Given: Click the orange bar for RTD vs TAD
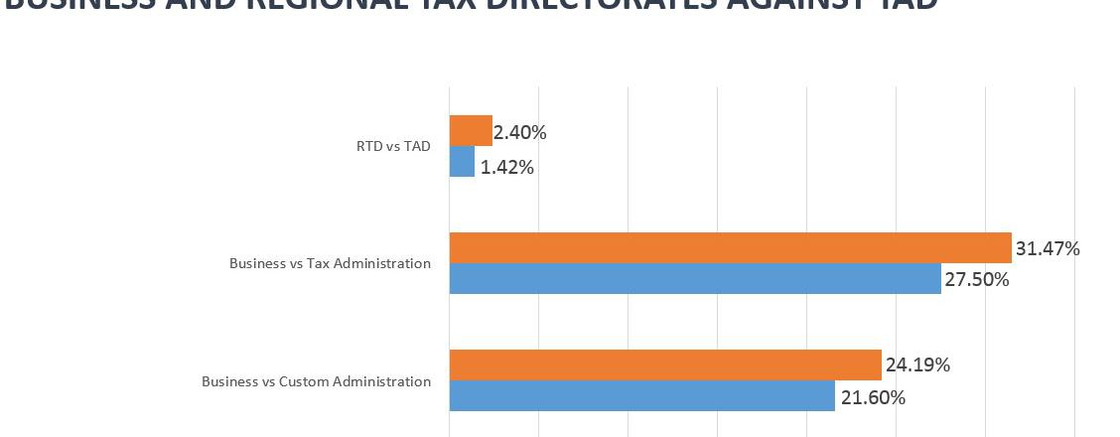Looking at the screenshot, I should point(471,131).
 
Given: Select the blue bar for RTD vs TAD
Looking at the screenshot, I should point(462,162).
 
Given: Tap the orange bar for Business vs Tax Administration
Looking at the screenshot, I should point(730,248).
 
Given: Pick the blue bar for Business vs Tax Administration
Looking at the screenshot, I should point(695,279).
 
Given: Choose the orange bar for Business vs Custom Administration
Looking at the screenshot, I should point(665,365).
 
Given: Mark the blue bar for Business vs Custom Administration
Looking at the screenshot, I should point(641,396).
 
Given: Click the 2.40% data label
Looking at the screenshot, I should point(520,132).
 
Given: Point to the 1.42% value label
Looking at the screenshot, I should point(507,167).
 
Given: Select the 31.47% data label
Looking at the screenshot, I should point(1048,248).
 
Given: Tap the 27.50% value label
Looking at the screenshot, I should point(977,280).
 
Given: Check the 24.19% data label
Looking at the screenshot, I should point(917,364).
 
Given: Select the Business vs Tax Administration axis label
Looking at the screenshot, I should point(330,264).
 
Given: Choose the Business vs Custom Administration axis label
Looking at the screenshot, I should point(316,381).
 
